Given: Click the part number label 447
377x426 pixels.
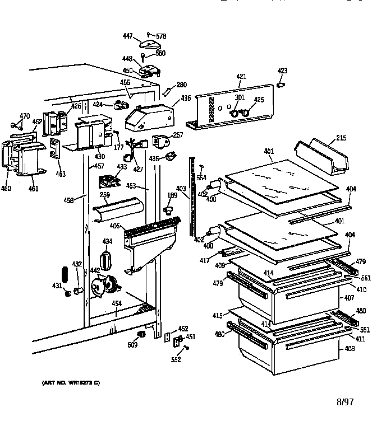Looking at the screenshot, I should (x=128, y=36).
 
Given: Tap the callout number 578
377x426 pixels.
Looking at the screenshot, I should (x=161, y=36).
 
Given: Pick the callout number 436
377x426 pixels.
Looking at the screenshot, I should (x=186, y=99).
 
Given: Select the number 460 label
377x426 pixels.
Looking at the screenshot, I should (x=6, y=188).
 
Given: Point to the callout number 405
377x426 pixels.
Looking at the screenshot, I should (x=115, y=227).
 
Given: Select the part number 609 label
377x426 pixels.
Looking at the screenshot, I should (x=132, y=344).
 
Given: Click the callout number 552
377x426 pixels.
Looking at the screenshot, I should (x=177, y=359).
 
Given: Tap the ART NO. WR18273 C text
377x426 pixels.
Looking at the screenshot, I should (x=70, y=382).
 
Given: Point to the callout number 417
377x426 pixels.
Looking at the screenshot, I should (x=205, y=260).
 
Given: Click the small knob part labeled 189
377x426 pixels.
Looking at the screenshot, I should (x=168, y=209).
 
